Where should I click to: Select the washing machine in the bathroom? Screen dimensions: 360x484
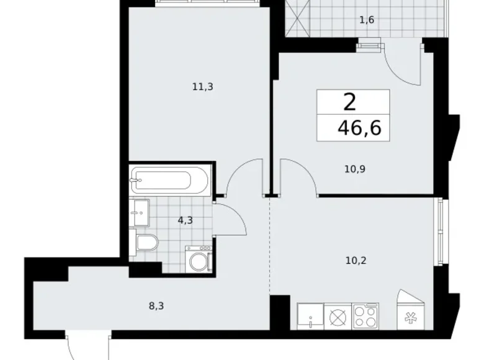199,259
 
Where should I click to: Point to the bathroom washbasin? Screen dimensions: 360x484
140,214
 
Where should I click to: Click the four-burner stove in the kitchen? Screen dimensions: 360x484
365,316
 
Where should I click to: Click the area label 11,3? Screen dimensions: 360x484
202,87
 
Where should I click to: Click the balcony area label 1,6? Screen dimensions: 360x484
366,20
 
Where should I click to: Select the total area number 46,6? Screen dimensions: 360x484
359,128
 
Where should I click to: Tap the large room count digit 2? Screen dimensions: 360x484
352,101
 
